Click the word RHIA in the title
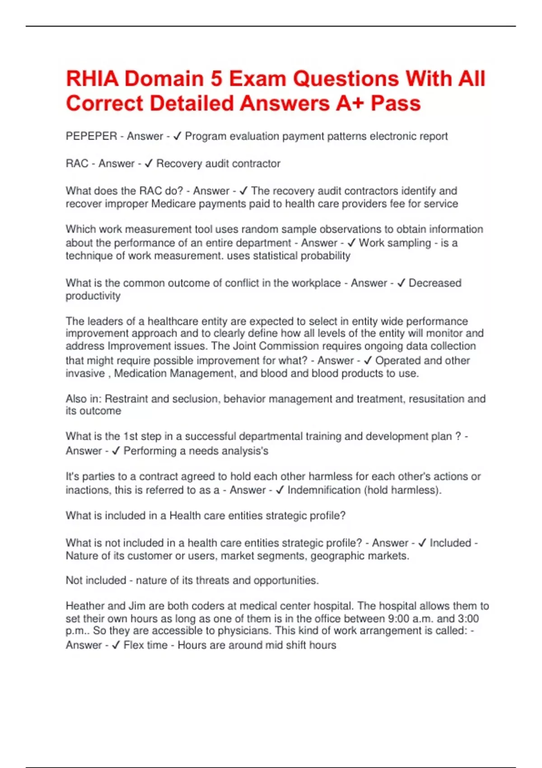[92, 79]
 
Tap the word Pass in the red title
[396, 103]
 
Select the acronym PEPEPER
[91, 136]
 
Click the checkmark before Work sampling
[351, 243]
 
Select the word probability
[324, 256]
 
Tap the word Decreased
[435, 283]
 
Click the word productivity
[93, 296]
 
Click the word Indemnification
[324, 490]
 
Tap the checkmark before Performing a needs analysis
[116, 451]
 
